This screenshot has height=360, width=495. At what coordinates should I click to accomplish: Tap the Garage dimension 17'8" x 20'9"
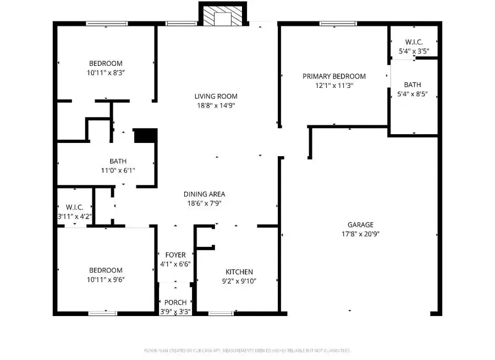point(360,234)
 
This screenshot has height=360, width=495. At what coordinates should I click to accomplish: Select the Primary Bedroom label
point(334,76)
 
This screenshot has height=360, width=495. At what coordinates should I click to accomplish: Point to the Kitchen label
point(239,272)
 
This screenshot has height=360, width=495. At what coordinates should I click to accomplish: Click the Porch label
point(175,302)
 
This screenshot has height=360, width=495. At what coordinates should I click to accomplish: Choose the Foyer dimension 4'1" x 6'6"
point(175,264)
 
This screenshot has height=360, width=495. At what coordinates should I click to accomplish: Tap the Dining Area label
point(204,194)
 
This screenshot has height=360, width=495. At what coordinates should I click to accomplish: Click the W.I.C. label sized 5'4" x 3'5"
point(414,42)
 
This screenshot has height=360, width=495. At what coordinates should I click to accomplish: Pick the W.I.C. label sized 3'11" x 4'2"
point(74,207)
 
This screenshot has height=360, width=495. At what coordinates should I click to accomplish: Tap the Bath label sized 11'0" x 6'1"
point(118,161)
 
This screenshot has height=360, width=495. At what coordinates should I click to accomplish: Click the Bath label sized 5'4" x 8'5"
point(413,85)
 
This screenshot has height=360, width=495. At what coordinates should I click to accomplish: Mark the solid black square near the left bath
point(146,136)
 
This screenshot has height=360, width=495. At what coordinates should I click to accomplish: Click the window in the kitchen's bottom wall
point(221,313)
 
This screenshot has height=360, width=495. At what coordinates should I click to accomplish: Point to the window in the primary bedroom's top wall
point(334,24)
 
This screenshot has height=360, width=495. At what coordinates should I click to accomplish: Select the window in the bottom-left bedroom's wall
point(102,313)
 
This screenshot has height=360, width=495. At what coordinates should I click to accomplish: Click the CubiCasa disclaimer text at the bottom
point(247,350)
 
